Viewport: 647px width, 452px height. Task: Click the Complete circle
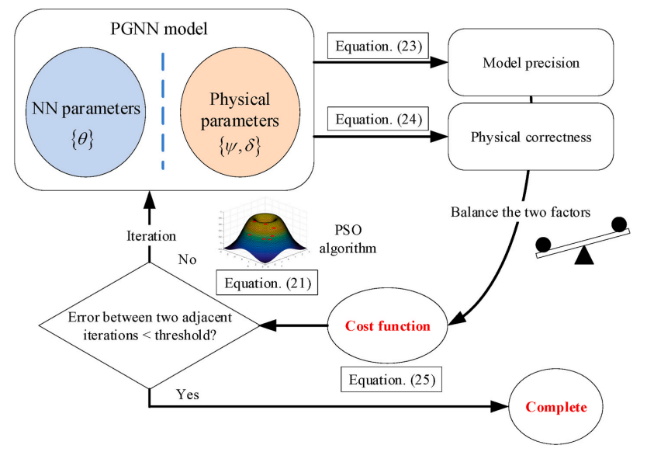(557, 407)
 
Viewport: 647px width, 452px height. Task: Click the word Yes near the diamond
(187, 395)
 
